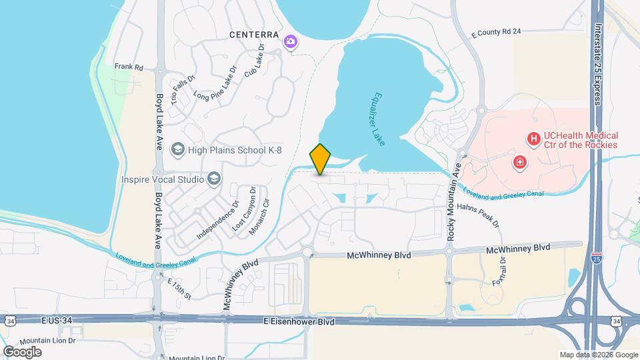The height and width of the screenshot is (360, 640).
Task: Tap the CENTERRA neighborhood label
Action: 253,34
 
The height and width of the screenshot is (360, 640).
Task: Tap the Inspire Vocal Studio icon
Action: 214,179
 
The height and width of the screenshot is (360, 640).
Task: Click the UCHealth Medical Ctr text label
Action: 580,140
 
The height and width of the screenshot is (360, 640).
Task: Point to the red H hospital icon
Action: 533,139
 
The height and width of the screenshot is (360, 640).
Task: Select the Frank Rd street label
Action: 129,67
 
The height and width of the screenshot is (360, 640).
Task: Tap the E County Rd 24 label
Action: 495,31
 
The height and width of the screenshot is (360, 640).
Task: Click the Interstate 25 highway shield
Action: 595,257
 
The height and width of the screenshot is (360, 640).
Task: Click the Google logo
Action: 22,351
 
